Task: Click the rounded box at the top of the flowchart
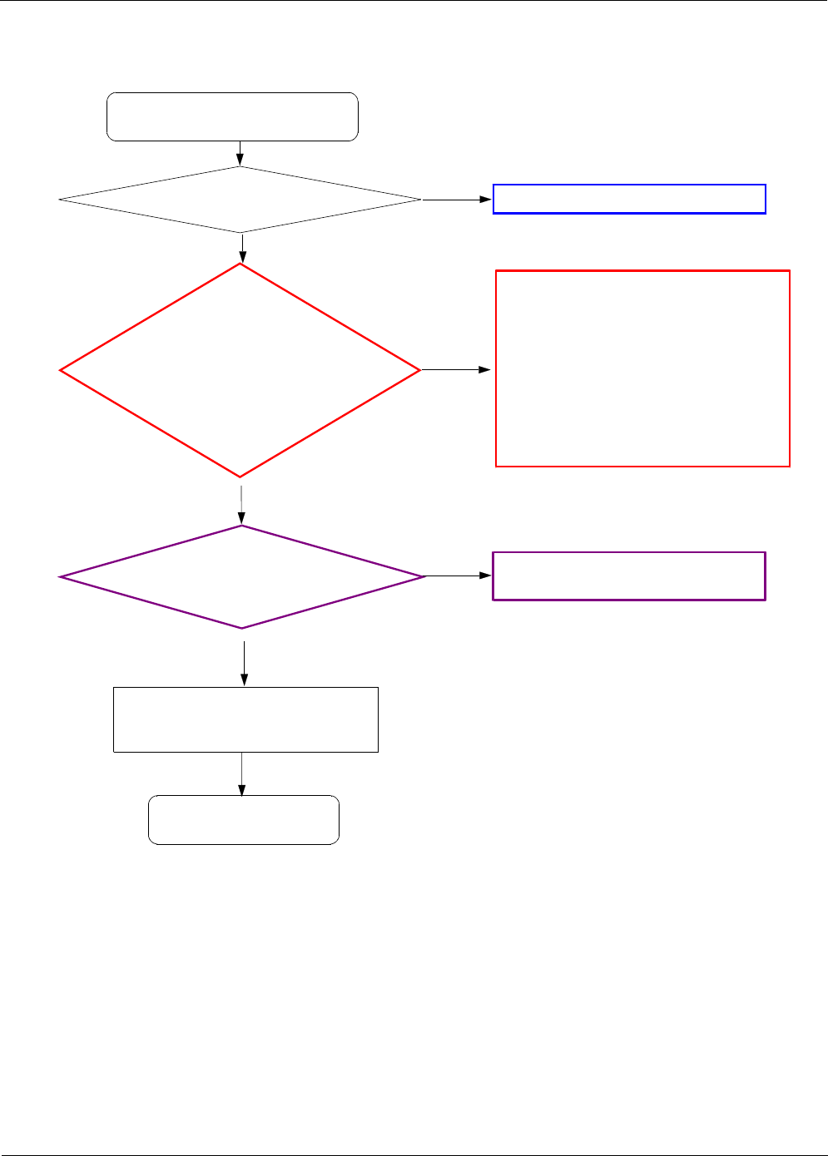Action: [232, 116]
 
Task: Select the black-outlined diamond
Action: [240, 200]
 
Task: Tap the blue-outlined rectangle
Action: [629, 200]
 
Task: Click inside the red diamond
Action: [240, 370]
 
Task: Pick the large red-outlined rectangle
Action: [642, 368]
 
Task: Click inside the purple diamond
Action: [241, 576]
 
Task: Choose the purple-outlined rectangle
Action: [629, 576]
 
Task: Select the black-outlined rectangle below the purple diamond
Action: [245, 719]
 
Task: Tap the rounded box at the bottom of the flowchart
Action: [244, 820]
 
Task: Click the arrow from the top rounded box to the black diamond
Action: [240, 154]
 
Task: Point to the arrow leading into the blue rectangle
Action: [457, 200]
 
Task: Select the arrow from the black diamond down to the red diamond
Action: [242, 248]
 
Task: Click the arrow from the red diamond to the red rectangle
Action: [456, 369]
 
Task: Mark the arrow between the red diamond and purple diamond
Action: [241, 501]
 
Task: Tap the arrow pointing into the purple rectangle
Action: [459, 576]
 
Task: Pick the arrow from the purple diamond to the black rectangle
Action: [244, 663]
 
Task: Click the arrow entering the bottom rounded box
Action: [242, 774]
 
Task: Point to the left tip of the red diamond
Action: [62, 370]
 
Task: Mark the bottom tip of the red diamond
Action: [240, 476]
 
